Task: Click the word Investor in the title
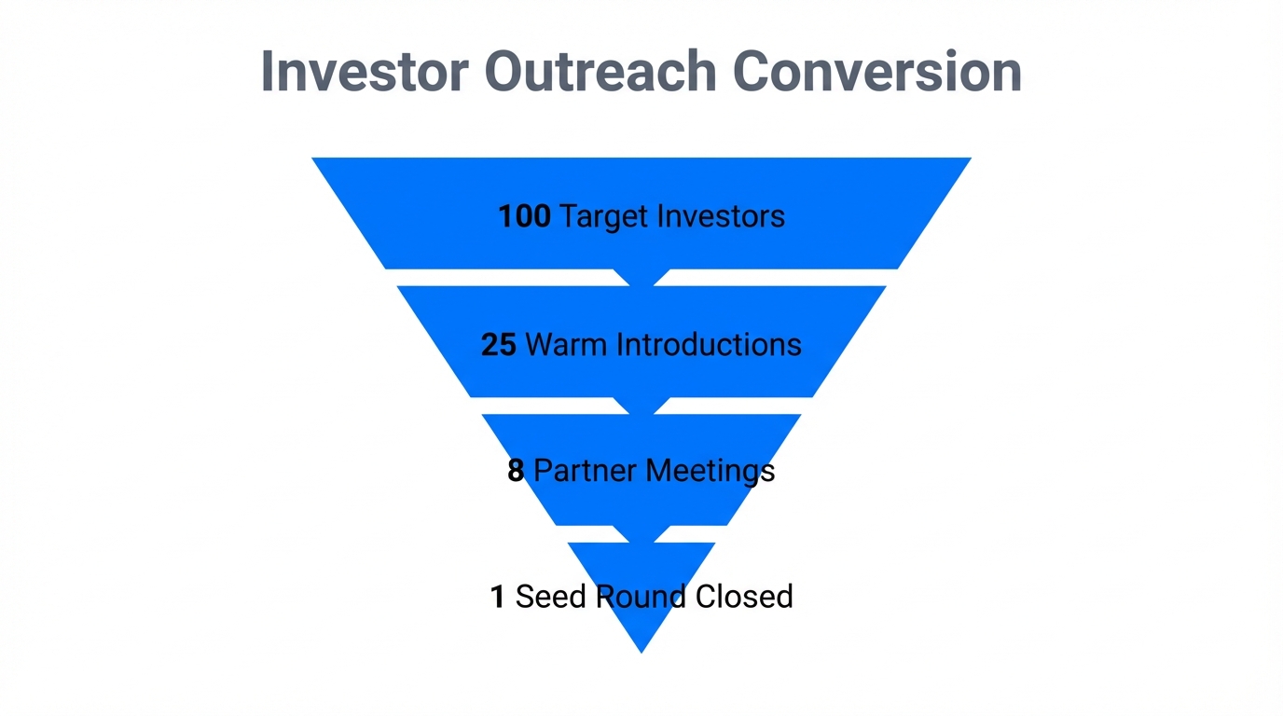pos(364,71)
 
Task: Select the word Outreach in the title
pos(600,71)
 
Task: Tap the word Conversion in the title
pos(877,71)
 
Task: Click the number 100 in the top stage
pos(524,216)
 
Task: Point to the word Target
pos(604,216)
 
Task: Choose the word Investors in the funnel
pos(721,216)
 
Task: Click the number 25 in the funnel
pos(499,345)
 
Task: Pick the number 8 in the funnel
pos(516,471)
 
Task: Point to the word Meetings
pos(713,471)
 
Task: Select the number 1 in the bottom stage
pos(498,597)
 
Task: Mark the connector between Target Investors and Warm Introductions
pos(641,277)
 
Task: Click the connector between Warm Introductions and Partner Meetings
pos(641,406)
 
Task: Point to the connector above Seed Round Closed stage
pos(641,533)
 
